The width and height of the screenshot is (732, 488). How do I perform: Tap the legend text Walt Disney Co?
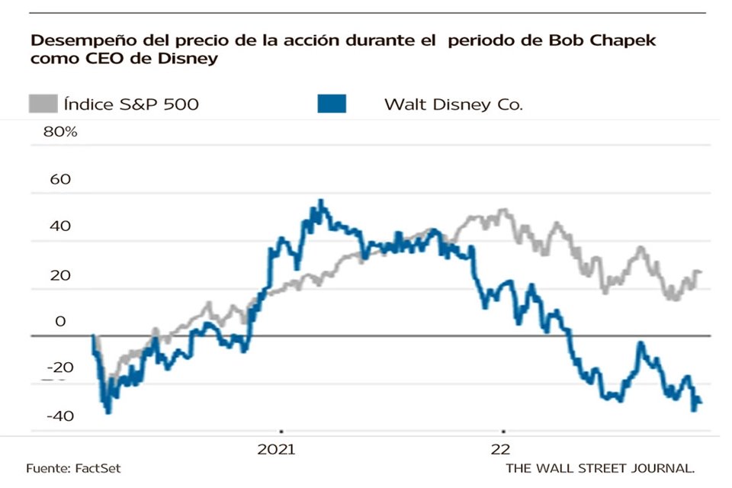coord(454,104)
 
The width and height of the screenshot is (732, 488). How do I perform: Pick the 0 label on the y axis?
coord(60,321)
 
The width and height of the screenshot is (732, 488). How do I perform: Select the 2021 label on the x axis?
coord(281,450)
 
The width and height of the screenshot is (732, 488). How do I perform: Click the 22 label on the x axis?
coord(501,450)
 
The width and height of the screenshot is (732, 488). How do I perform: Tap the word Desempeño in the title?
coord(73,40)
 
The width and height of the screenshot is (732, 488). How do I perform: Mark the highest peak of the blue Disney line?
coord(321,201)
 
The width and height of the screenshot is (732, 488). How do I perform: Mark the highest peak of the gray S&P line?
coord(502,210)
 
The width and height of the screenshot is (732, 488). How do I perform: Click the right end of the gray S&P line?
coord(701,272)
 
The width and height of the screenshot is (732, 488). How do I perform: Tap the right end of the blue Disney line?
coord(701,404)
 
